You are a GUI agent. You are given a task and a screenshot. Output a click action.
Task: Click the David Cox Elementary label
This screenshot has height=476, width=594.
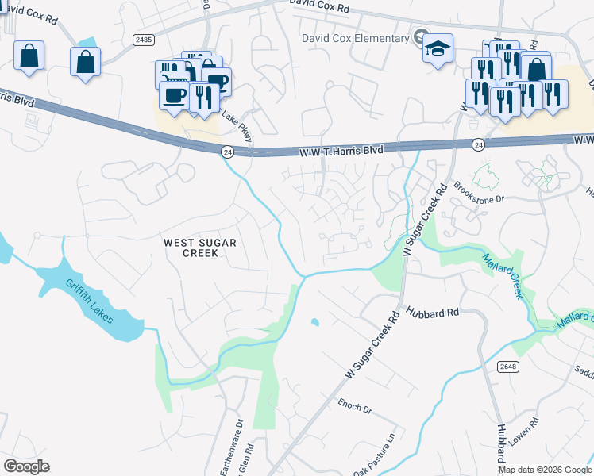tap(354, 37)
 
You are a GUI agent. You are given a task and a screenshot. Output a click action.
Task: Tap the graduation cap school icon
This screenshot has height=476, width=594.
tap(438, 48)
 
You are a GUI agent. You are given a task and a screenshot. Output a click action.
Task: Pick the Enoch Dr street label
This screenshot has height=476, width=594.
tap(355, 407)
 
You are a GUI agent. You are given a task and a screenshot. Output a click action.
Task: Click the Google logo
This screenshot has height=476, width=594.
tap(27, 466)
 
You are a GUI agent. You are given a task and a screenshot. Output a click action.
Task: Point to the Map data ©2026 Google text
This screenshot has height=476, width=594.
tap(545, 469)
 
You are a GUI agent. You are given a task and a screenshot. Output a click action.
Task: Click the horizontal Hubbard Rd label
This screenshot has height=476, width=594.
tap(433, 313)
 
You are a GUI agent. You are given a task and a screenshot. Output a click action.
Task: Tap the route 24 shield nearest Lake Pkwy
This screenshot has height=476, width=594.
tap(227, 151)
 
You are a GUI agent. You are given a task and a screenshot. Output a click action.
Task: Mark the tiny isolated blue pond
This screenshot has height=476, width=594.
tap(315, 322)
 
